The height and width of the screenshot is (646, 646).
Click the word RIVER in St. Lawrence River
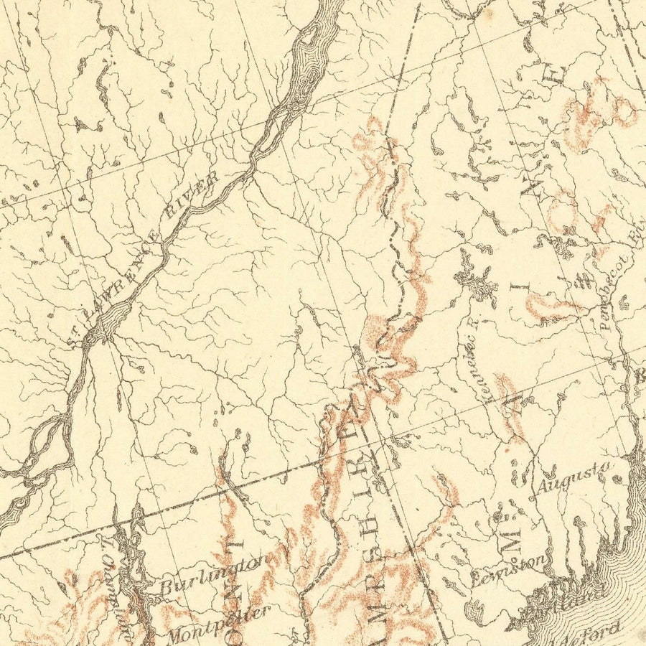202,194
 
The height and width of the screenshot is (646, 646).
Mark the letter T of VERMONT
231,546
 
